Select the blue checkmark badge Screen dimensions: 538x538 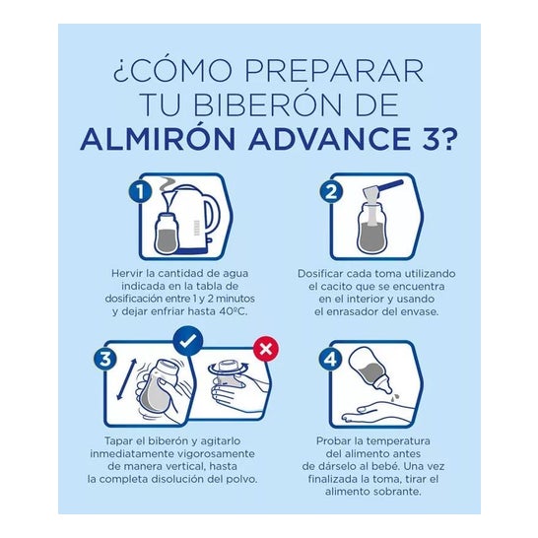coord(187,340)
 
